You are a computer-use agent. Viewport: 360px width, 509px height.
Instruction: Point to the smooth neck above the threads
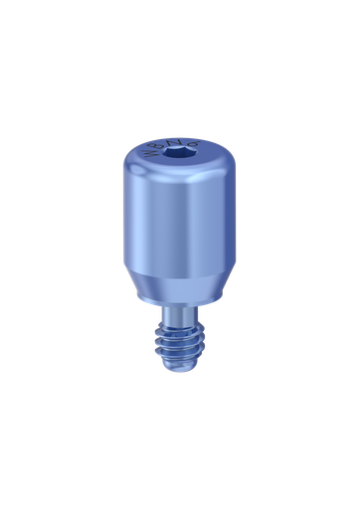[177, 312]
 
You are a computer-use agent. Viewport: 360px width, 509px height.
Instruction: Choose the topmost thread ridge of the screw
[177, 325]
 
